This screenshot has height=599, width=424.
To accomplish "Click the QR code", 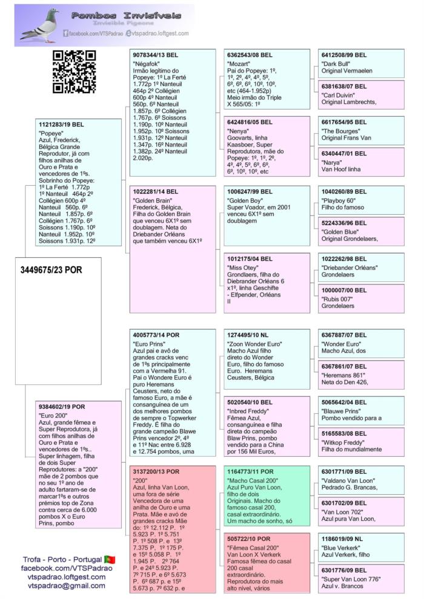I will [x=74, y=72].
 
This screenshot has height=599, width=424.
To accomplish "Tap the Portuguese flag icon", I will [x=110, y=559].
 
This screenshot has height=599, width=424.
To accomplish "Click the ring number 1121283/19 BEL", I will [x=61, y=124].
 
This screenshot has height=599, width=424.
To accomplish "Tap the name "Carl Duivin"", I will [x=338, y=95].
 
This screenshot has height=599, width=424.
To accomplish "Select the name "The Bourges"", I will [x=339, y=129].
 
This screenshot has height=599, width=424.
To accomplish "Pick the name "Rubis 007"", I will [x=337, y=298].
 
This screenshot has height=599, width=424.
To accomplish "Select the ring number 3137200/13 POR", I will [x=154, y=471].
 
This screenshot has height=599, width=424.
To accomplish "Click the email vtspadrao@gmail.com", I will [x=67, y=586].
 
